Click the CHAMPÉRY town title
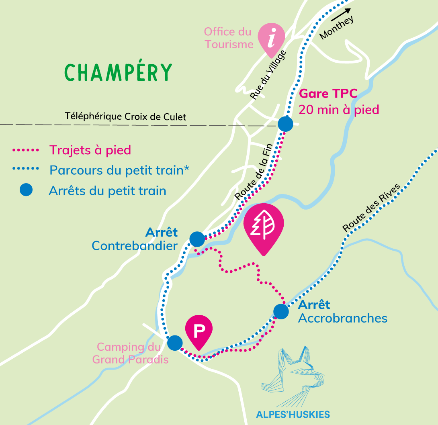(x=118, y=72)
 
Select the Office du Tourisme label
(x=228, y=38)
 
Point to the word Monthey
(x=337, y=28)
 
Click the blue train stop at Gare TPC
(x=285, y=124)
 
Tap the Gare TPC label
(x=328, y=94)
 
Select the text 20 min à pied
(x=339, y=109)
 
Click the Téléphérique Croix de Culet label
(x=125, y=117)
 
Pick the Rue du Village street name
(x=268, y=75)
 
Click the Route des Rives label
(x=371, y=208)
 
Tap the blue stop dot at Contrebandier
(x=197, y=239)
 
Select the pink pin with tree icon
(x=264, y=227)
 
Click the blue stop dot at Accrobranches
(x=281, y=311)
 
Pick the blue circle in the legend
(x=26, y=190)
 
